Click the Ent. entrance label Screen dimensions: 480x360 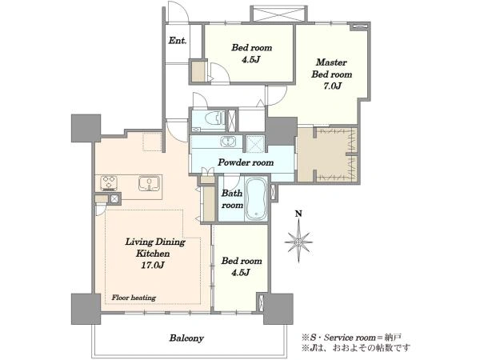178,41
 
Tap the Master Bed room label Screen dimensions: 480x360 331,68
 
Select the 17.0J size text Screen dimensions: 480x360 153,265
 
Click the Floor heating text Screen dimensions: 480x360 134,298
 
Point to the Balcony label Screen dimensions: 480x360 186,338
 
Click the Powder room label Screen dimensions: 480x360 246,162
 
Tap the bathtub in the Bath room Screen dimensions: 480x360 256,199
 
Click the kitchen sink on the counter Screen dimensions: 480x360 149,183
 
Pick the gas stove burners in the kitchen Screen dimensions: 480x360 109,182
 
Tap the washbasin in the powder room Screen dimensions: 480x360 228,142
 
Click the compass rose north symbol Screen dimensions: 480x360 298,242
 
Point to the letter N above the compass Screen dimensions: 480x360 298,214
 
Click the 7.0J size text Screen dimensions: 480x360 332,86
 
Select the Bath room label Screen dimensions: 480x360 232,199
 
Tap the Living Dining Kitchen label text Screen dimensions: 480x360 155,248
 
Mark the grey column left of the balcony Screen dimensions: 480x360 86,309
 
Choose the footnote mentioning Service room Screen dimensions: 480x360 351,338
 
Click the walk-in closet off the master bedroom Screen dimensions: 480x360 327,154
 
